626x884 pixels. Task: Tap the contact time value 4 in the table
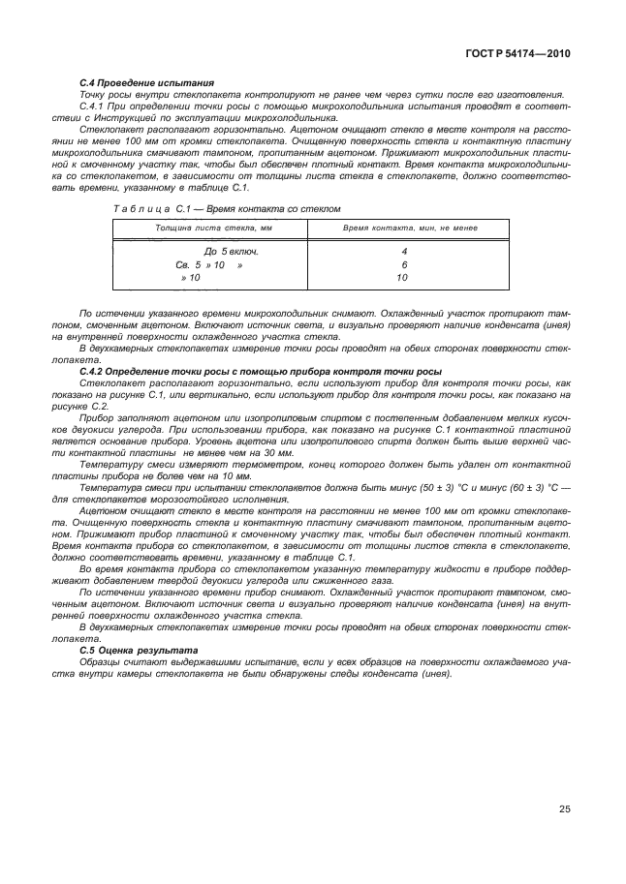pyautogui.click(x=403, y=251)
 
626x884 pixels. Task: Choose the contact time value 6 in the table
pyautogui.click(x=403, y=263)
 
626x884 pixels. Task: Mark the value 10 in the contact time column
pyautogui.click(x=403, y=277)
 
